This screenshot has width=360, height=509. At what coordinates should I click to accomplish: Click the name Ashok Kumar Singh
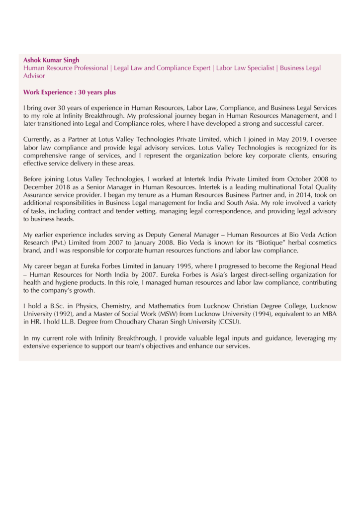tap(51, 60)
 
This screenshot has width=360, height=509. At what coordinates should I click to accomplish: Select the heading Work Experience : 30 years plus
tap(70, 92)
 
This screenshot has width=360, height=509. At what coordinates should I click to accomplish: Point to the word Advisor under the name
tap(34, 76)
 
